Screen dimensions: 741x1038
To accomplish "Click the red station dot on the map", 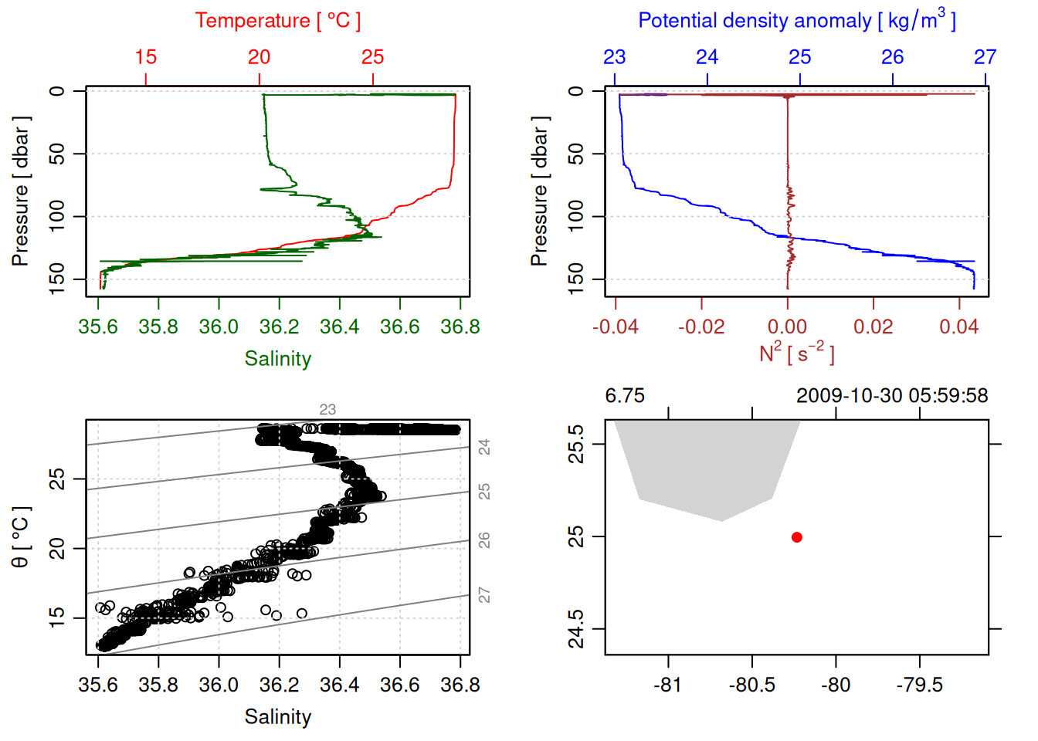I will coord(796,537).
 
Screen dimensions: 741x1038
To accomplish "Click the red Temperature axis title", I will coord(277,21).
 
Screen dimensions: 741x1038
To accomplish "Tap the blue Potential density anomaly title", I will coord(796,20).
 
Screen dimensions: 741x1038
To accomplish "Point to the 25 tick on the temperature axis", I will coord(372,57).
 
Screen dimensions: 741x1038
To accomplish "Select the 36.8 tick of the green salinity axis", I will coord(460,327).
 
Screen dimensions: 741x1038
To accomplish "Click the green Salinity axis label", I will coord(277,359).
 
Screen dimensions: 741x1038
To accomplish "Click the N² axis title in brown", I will coord(796,354).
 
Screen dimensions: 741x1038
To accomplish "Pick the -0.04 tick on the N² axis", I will coord(616,327).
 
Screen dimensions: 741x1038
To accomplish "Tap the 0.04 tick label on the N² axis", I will coord(958,327).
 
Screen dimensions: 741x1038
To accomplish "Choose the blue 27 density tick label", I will coord(985,57).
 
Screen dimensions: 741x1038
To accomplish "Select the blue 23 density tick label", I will coord(615,57).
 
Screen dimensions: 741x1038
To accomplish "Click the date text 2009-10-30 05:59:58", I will coord(892,396).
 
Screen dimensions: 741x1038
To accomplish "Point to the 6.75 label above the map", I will coord(625,396).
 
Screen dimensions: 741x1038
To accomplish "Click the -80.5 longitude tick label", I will coord(751,685).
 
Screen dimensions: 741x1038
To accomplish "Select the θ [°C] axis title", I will coord(21,536).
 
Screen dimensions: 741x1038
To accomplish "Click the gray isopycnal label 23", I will coord(327,410).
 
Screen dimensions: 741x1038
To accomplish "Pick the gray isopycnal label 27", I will coord(484,595).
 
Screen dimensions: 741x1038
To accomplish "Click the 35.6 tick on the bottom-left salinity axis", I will coord(98,685).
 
